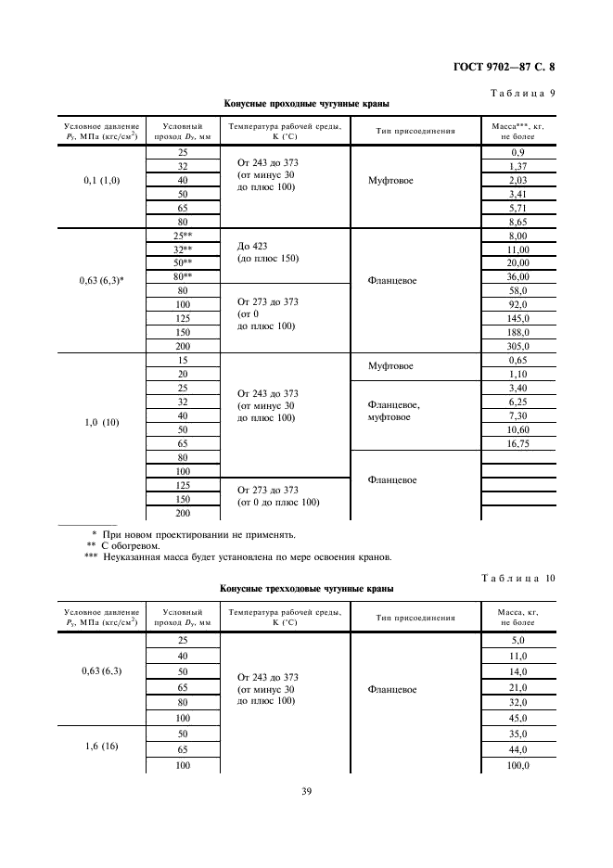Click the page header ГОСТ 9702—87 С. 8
(509, 67)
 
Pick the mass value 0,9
(517, 152)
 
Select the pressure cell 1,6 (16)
(103, 747)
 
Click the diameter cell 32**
(182, 249)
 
